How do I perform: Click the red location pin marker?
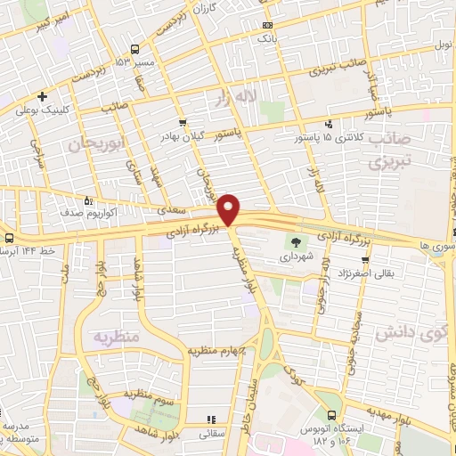pos(230,209)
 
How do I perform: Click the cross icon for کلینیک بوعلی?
pos(42,96)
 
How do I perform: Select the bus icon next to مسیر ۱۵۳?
pos(134,50)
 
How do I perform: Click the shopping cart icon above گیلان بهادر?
pos(183,122)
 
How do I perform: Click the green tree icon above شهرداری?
pos(293,241)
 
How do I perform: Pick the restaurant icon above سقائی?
pos(211,419)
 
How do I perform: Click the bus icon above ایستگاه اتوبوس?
pos(331,417)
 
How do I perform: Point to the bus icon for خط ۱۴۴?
pos(8,238)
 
